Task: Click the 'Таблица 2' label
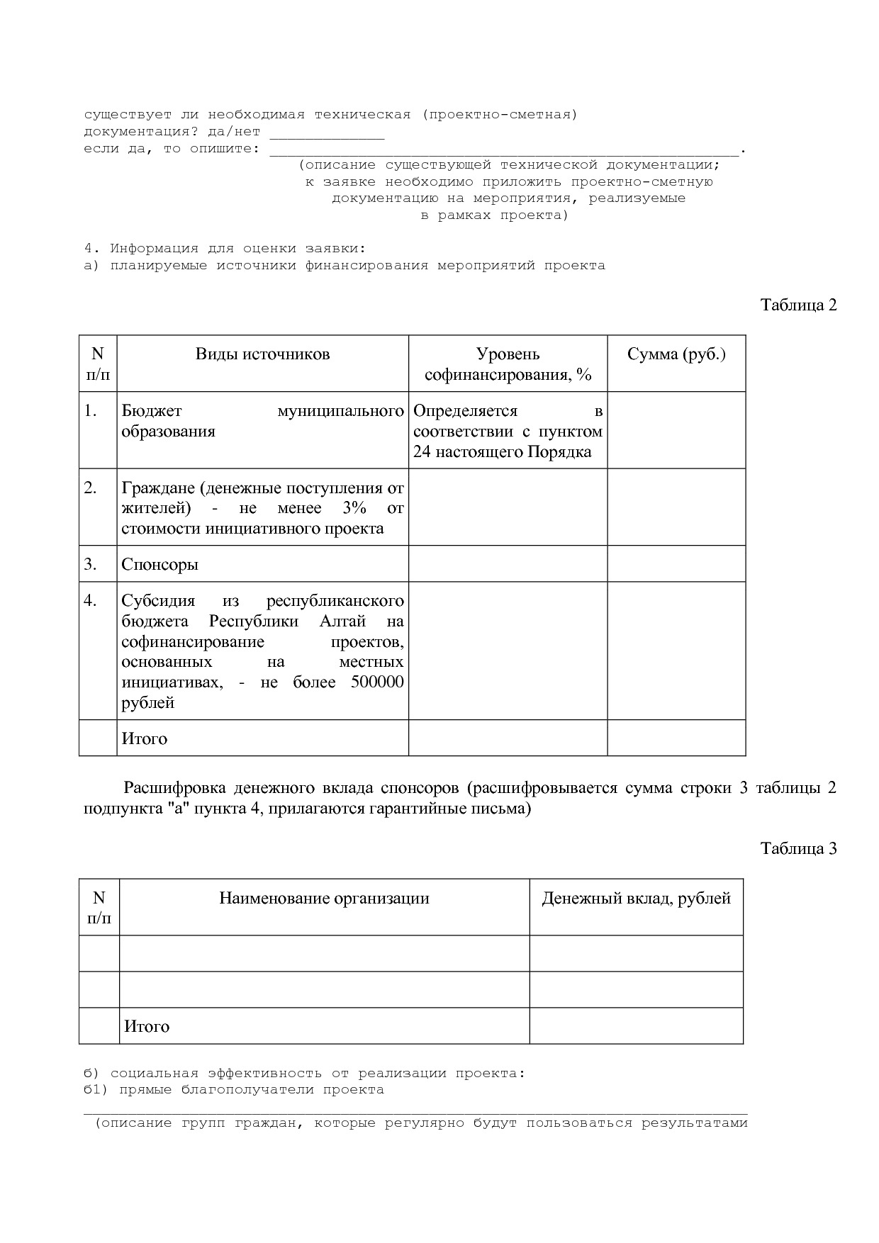[x=798, y=305]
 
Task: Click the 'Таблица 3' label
[x=798, y=848]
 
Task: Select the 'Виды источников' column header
[x=262, y=354]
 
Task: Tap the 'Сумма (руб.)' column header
[x=676, y=354]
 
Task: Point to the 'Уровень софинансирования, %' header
[x=508, y=364]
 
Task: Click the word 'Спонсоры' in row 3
[x=159, y=564]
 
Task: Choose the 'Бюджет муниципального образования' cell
[x=262, y=421]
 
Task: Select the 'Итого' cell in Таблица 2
[x=145, y=738]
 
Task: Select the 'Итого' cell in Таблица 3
[x=147, y=1026]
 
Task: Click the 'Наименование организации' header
[x=324, y=899]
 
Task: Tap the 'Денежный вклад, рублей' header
[x=636, y=899]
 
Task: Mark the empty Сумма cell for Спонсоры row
[x=676, y=564]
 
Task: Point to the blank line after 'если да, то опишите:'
[x=504, y=150]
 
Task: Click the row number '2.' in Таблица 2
[x=91, y=488]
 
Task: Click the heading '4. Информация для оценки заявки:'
[x=225, y=249]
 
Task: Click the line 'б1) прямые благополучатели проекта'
[x=234, y=1089]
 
